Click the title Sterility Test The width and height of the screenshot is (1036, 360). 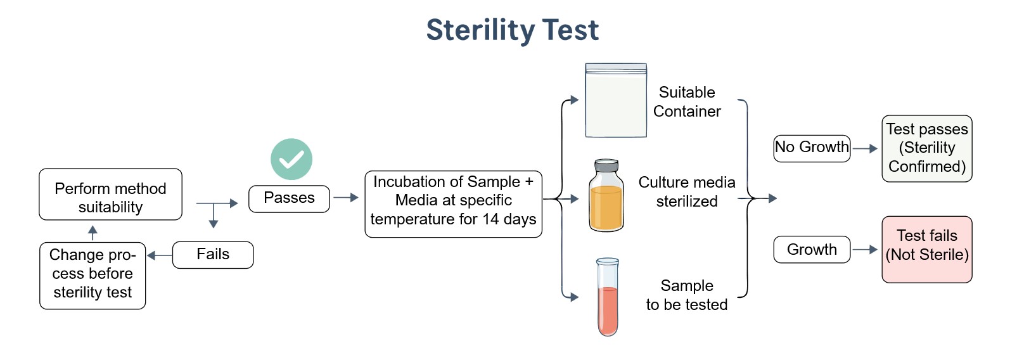(x=512, y=30)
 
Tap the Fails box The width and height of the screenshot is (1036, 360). (x=213, y=255)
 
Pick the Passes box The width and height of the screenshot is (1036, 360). (x=289, y=198)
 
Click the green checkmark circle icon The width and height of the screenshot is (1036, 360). (x=291, y=159)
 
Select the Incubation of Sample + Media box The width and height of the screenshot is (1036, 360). (x=453, y=204)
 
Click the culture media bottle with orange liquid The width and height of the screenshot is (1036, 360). (x=606, y=202)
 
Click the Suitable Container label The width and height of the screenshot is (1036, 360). (x=687, y=102)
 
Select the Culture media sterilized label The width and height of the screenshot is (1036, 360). (x=687, y=192)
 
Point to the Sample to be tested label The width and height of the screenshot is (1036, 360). (x=687, y=295)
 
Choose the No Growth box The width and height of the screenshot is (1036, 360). (x=812, y=148)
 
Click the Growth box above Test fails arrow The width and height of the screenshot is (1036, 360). (x=812, y=250)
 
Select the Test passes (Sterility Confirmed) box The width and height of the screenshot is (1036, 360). (x=927, y=148)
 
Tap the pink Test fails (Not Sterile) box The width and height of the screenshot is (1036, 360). (x=927, y=249)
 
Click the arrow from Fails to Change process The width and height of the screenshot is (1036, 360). (x=159, y=255)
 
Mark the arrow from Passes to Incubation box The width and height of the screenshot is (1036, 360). (x=347, y=198)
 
